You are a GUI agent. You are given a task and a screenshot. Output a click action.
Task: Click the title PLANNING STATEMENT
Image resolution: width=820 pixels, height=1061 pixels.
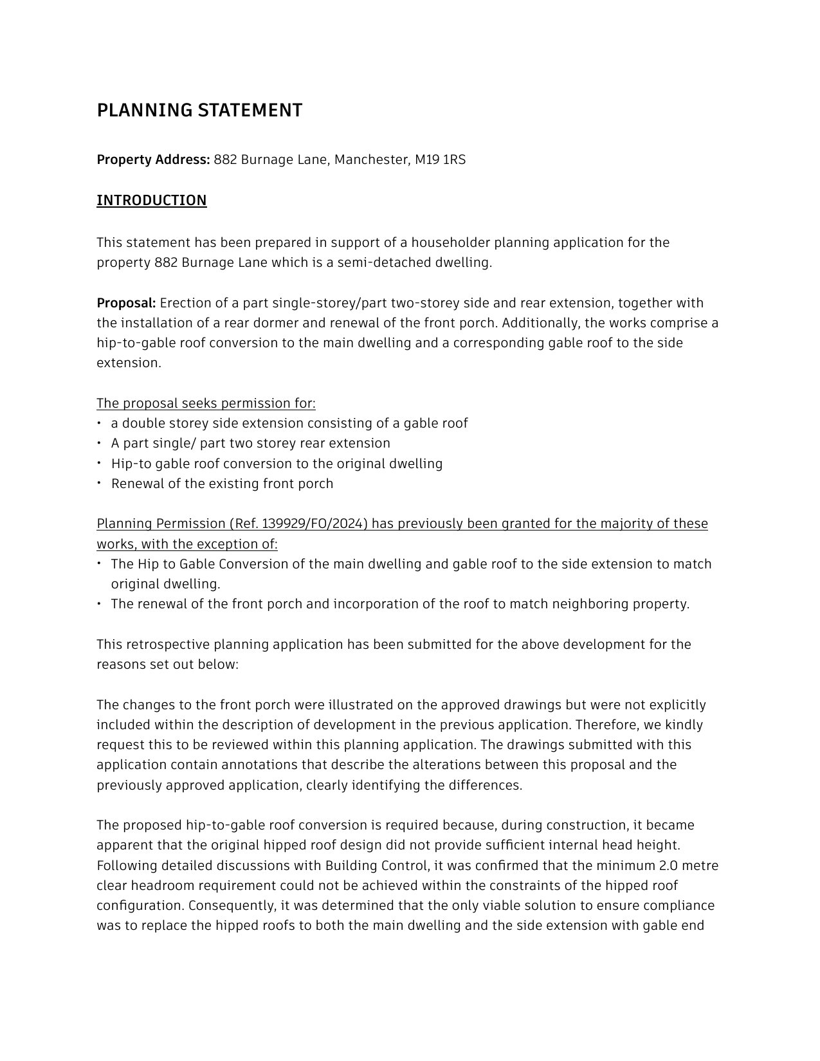coord(199,111)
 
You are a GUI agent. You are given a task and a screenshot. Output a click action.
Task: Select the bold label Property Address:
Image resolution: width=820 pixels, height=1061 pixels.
coord(153,159)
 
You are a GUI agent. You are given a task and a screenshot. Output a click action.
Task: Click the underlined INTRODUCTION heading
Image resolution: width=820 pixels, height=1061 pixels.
coord(152,201)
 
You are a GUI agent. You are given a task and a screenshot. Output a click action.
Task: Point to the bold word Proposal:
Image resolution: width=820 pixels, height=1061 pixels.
coord(126,303)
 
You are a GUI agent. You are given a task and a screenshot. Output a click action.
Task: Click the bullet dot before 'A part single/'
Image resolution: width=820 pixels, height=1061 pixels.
coord(100,443)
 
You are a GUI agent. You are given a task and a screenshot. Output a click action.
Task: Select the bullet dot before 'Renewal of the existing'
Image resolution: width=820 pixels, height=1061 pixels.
coord(100,483)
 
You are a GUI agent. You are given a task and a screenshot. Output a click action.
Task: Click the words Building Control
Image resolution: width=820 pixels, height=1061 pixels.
coord(376,866)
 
